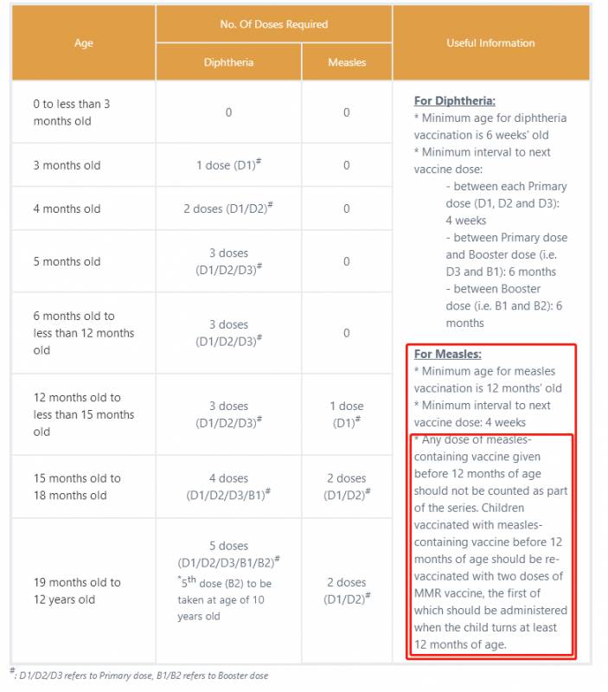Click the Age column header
(84, 43)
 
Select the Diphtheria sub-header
(228, 62)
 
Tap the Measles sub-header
(347, 62)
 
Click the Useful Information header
(490, 43)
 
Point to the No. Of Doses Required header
(273, 24)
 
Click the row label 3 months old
(67, 165)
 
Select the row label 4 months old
(67, 208)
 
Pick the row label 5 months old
(67, 261)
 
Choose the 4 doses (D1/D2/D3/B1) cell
(228, 487)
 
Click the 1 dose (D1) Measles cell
(347, 414)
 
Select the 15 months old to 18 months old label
(77, 487)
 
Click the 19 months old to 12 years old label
(77, 591)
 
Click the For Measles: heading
(447, 354)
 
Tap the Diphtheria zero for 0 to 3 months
(228, 112)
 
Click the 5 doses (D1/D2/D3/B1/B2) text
(228, 554)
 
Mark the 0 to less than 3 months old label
(72, 112)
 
